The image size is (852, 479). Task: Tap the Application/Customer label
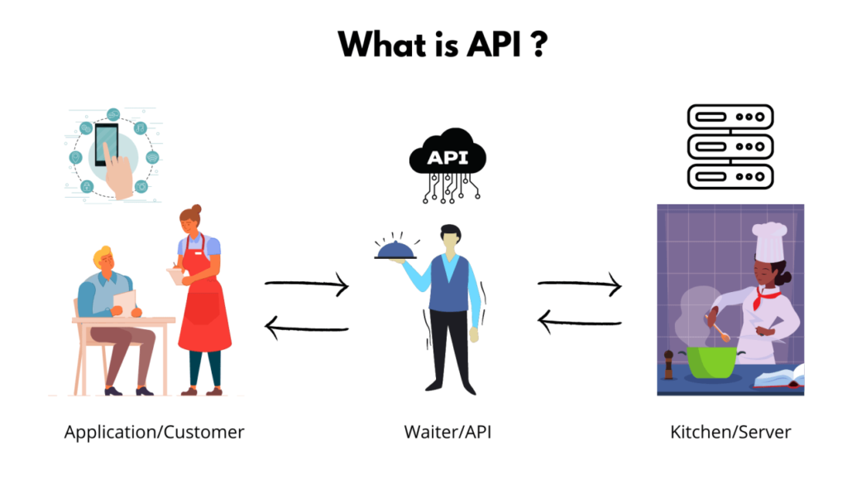point(154,432)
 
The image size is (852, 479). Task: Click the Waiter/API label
point(448,432)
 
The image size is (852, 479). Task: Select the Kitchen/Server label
point(730,432)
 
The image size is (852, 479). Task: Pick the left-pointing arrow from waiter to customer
point(307,328)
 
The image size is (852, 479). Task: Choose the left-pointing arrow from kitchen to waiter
point(580,321)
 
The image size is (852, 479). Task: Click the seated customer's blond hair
point(103,256)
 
